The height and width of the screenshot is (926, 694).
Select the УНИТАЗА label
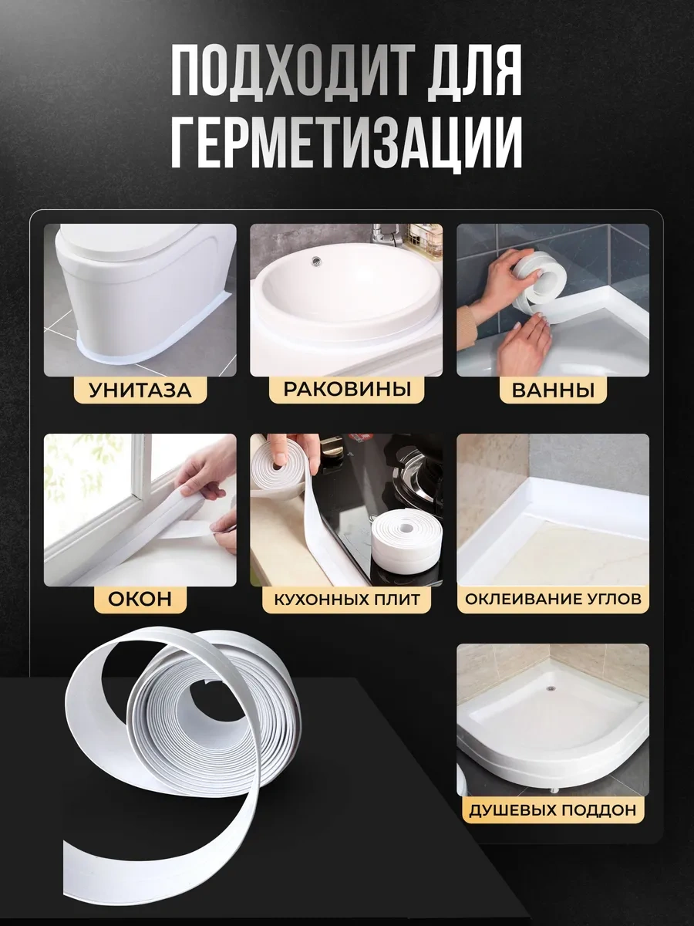140,390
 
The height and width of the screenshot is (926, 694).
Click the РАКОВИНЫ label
346,388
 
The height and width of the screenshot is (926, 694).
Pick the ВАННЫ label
553,390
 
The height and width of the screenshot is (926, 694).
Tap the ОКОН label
140,598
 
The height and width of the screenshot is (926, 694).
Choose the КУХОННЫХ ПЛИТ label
346,599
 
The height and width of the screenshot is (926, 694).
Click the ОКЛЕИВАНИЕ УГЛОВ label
553,599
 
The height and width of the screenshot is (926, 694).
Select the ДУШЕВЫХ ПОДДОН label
553,809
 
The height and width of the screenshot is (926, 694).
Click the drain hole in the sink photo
315,262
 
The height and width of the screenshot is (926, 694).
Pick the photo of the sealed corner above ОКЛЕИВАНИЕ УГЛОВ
553,509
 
